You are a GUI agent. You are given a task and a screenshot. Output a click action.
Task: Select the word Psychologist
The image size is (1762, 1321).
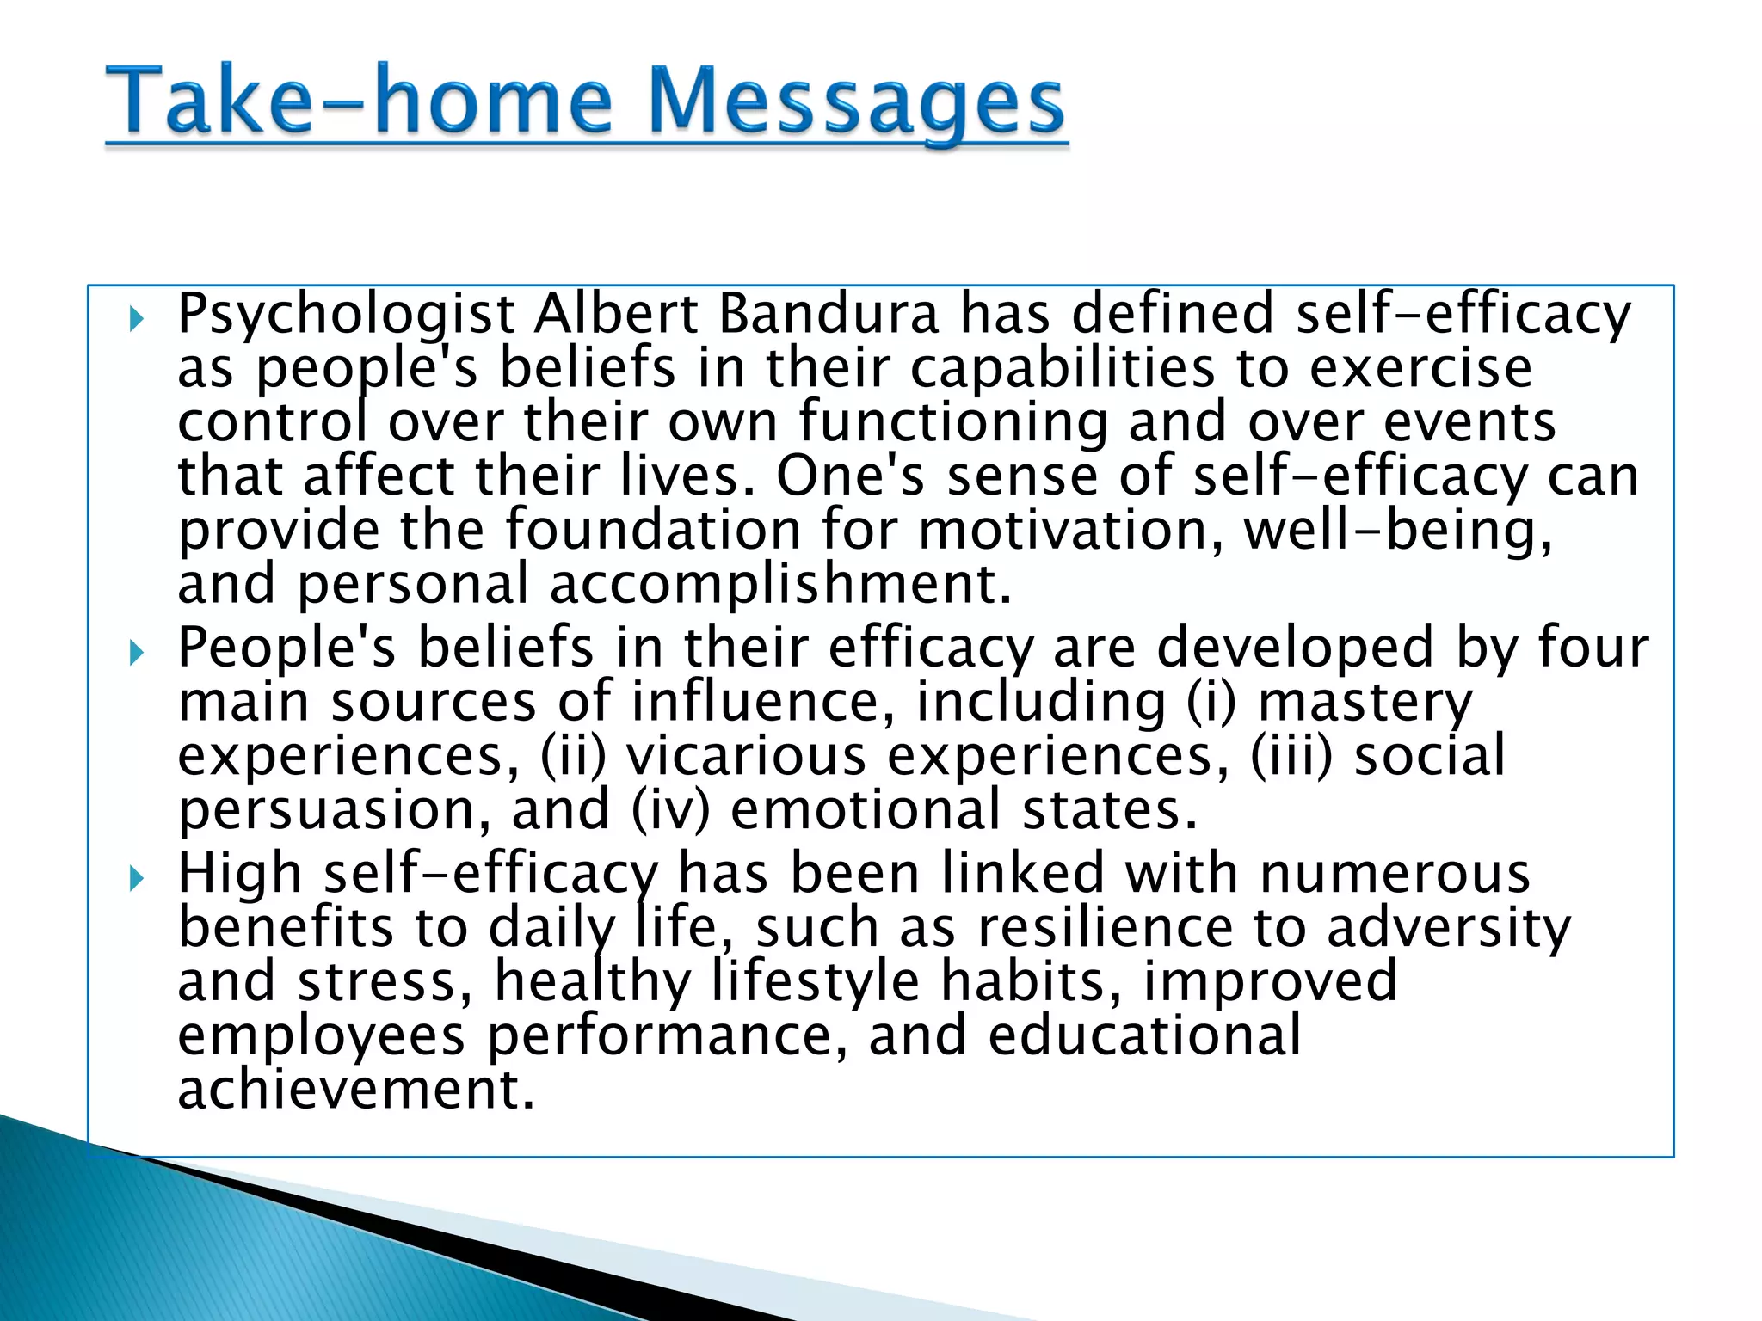pos(346,315)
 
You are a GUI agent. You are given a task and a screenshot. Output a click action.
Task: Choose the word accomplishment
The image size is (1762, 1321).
pos(779,585)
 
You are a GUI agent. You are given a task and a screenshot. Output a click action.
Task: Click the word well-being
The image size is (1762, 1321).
pos(1398,530)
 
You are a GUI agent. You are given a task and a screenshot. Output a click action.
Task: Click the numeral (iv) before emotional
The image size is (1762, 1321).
pos(671,811)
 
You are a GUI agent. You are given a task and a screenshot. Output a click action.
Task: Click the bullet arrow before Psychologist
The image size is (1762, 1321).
pos(136,321)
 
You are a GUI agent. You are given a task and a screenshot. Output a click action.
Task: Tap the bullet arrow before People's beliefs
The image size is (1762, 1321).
pos(136,654)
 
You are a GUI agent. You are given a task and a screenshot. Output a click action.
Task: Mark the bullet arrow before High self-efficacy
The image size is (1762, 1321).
pos(136,879)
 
